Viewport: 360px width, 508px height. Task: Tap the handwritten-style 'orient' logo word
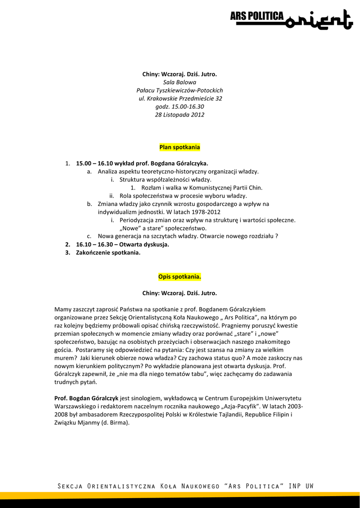316,19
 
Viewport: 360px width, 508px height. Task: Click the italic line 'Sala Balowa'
180,82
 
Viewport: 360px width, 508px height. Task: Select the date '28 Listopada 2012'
180,115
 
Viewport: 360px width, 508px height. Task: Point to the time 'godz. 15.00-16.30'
180,107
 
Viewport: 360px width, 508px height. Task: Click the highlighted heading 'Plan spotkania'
180,147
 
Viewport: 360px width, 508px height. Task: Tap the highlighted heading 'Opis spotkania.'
180,276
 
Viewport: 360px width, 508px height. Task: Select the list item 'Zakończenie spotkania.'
108,253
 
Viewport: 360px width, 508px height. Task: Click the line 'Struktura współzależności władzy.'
165,180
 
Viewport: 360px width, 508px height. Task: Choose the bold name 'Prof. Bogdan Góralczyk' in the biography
86,398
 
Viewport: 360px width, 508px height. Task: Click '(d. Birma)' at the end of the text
115,423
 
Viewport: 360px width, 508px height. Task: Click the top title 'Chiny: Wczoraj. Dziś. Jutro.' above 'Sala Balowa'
180,74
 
